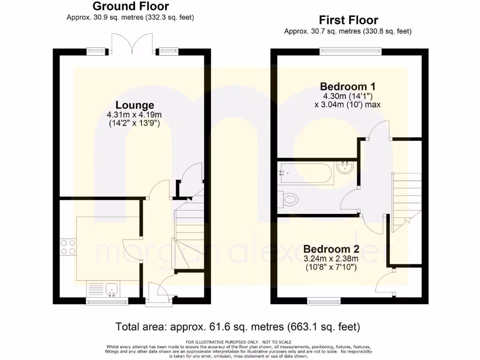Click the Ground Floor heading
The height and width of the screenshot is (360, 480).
coord(130,7)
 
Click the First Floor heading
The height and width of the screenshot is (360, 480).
coord(348,20)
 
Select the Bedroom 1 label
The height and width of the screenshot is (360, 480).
coord(347,86)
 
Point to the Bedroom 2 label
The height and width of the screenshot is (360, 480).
coord(331,249)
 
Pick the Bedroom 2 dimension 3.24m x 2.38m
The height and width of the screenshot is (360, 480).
coord(331,258)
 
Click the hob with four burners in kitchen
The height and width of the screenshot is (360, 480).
coord(68,247)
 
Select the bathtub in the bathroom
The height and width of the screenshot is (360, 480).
coord(305,173)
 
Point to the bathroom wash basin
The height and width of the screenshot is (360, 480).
coord(346,168)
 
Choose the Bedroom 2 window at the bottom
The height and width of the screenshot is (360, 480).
coord(324,300)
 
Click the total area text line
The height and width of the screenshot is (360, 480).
coord(238,326)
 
